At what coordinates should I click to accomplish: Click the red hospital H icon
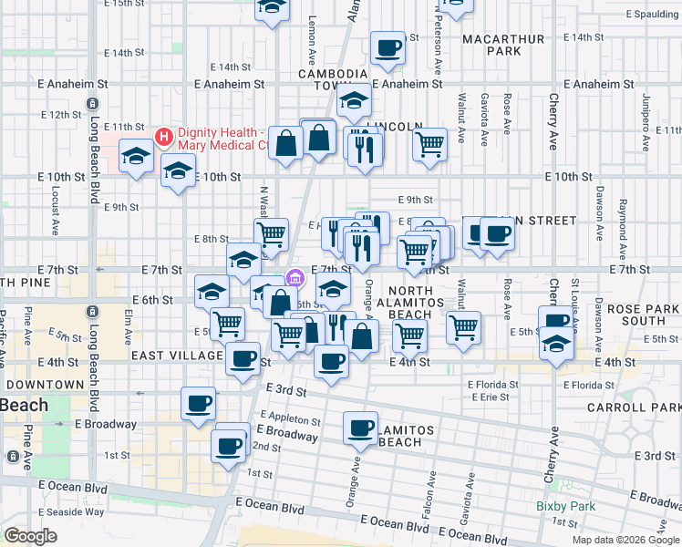click(164, 137)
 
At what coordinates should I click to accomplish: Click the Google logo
click(30, 536)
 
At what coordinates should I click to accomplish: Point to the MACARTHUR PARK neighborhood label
click(502, 46)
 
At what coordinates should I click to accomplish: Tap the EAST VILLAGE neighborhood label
click(177, 356)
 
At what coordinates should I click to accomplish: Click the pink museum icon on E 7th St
click(294, 277)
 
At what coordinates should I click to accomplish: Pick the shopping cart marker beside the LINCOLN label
click(429, 142)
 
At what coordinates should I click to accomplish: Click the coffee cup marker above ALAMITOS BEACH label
click(361, 427)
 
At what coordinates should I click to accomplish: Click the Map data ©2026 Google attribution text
click(624, 539)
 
